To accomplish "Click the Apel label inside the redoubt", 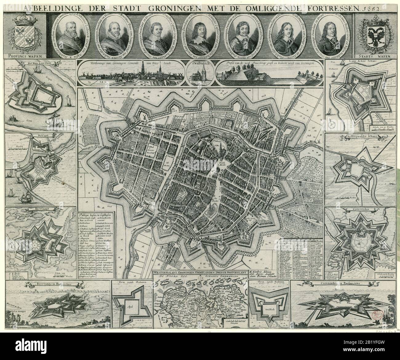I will click(129, 306).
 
